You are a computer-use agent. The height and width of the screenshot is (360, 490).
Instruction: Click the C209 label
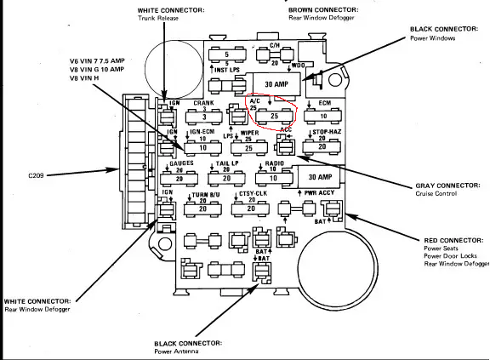pos(40,175)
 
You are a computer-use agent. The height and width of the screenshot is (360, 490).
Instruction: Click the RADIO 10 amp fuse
pos(274,177)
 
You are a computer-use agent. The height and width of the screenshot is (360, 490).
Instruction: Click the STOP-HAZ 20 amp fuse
pos(322,146)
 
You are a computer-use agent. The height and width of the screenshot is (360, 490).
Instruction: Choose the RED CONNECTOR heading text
pos(447,241)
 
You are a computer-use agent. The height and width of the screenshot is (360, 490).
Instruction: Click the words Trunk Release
pos(162,20)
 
